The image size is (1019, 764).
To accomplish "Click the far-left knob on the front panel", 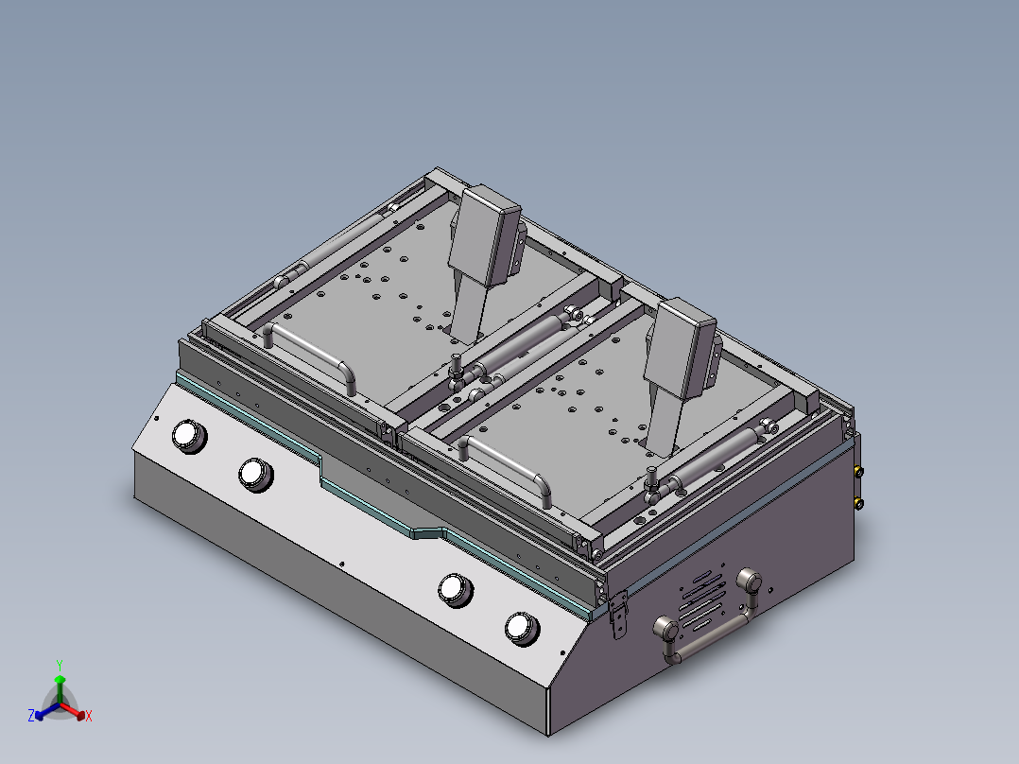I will tap(187, 435).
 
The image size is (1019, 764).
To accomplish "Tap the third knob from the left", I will tap(455, 588).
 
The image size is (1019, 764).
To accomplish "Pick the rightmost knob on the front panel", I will tap(521, 628).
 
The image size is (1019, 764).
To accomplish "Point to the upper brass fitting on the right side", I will tap(858, 470).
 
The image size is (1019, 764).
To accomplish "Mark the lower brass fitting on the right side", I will tap(858, 503).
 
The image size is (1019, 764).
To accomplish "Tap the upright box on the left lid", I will tap(486, 236).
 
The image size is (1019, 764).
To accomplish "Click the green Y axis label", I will tap(59, 665).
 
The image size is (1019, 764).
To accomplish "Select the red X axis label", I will tap(89, 717).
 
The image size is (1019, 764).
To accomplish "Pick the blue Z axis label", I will tap(31, 717).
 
